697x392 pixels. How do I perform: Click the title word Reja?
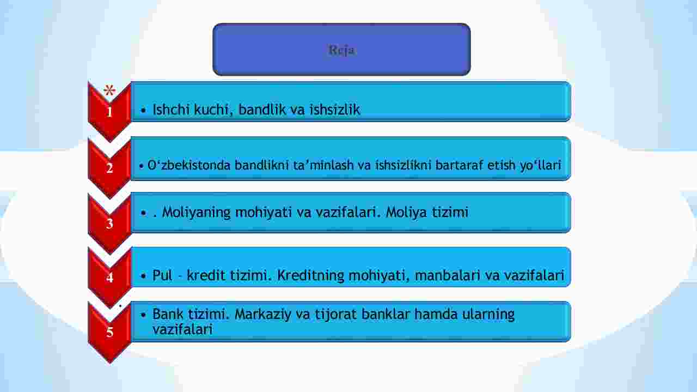pos(341,50)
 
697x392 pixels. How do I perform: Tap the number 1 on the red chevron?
pos(109,112)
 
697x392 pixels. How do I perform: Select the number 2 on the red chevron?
pos(109,168)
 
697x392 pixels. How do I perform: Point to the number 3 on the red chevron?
pos(109,224)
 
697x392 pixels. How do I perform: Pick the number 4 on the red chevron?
pos(109,278)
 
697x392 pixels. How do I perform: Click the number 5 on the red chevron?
pos(109,332)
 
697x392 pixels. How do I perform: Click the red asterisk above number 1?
pos(109,91)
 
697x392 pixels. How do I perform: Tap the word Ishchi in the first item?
pos(171,110)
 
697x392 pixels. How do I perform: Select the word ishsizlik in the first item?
pos(334,110)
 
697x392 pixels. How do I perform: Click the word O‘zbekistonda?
pos(189,165)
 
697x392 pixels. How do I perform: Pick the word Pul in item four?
pos(162,275)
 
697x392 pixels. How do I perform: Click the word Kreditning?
pos(310,275)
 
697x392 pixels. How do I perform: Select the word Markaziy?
pos(262,314)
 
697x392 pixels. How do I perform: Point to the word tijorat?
pos(336,314)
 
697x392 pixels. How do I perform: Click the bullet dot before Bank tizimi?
pos(143,315)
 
